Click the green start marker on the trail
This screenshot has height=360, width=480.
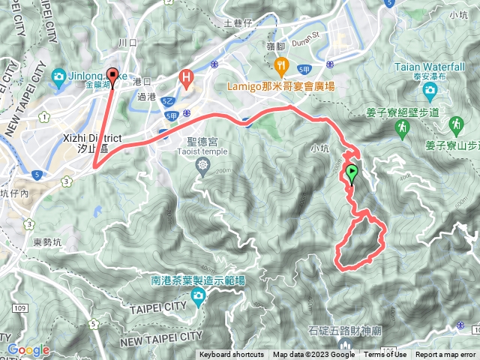[352, 173]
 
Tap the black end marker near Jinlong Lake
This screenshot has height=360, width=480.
[113, 75]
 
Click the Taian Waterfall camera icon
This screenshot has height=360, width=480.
[430, 91]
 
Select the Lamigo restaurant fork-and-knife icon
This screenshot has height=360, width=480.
[281, 66]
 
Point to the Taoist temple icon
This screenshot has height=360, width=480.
[202, 165]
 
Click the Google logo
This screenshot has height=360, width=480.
[28, 349]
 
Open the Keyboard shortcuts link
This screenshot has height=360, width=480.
[232, 355]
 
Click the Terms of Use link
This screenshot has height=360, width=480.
[385, 355]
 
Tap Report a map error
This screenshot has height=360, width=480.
[446, 355]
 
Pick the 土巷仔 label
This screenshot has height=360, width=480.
[239, 23]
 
